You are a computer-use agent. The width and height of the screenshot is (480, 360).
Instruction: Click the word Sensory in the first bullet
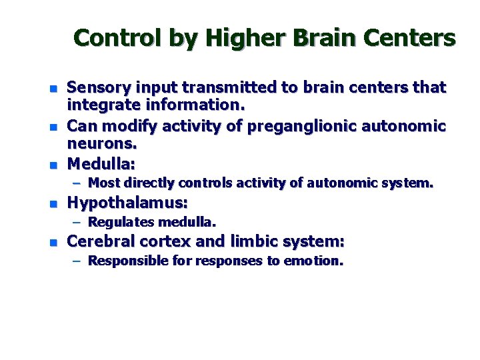point(99,87)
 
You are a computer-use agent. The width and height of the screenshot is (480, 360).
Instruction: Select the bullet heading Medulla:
point(101,163)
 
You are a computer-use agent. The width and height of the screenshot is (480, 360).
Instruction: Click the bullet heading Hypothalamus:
point(127,202)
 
